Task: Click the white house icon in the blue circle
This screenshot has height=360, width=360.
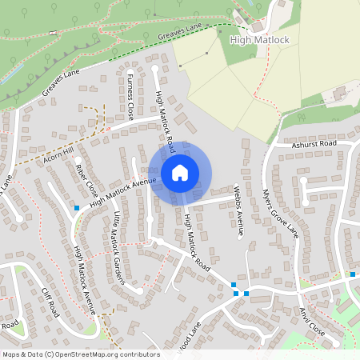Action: pyautogui.click(x=180, y=172)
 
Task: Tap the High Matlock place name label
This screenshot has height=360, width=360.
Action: pyautogui.click(x=258, y=39)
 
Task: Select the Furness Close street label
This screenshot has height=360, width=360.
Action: pyautogui.click(x=130, y=95)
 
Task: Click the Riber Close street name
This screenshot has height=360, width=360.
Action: pyautogui.click(x=86, y=181)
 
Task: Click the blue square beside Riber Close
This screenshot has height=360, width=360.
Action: pyautogui.click(x=77, y=208)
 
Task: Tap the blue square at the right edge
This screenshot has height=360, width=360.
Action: pyautogui.click(x=353, y=274)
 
